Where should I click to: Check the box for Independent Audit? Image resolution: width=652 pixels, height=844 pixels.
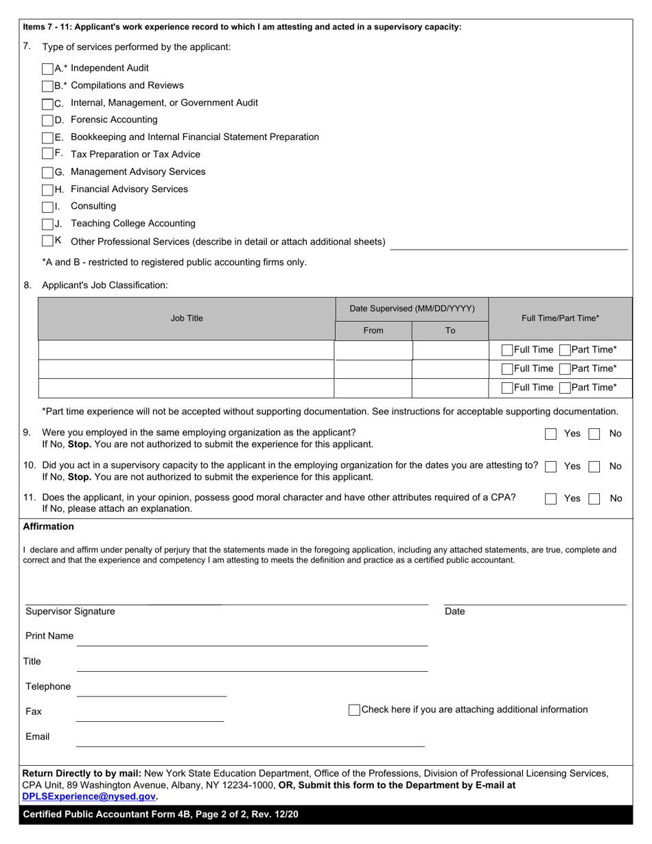click(x=47, y=69)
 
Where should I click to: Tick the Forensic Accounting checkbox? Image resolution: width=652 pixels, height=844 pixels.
click(x=47, y=120)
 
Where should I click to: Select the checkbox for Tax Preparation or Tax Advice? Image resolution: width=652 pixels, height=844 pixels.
click(x=47, y=154)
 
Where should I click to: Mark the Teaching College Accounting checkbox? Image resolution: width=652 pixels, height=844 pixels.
click(x=47, y=224)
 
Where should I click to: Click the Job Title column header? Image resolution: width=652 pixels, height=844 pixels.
click(x=187, y=318)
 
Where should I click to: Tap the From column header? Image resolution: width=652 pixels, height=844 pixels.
click(x=373, y=331)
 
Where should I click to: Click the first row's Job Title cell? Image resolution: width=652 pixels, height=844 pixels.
click(x=187, y=350)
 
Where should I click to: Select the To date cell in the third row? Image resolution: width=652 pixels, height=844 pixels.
click(x=450, y=388)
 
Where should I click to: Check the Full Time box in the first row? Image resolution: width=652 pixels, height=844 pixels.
click(x=507, y=350)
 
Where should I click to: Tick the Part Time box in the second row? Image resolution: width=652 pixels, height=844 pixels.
click(x=565, y=369)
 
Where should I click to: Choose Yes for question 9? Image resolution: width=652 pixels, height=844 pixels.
click(x=550, y=434)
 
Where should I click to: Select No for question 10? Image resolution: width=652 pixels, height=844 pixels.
click(x=595, y=467)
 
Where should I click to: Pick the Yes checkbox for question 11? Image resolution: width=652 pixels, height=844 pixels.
click(x=550, y=499)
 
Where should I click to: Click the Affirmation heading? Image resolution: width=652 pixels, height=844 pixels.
click(x=48, y=527)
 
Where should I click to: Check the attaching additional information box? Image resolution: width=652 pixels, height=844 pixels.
click(x=354, y=710)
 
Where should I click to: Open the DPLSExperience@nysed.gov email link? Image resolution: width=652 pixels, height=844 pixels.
click(x=89, y=797)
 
